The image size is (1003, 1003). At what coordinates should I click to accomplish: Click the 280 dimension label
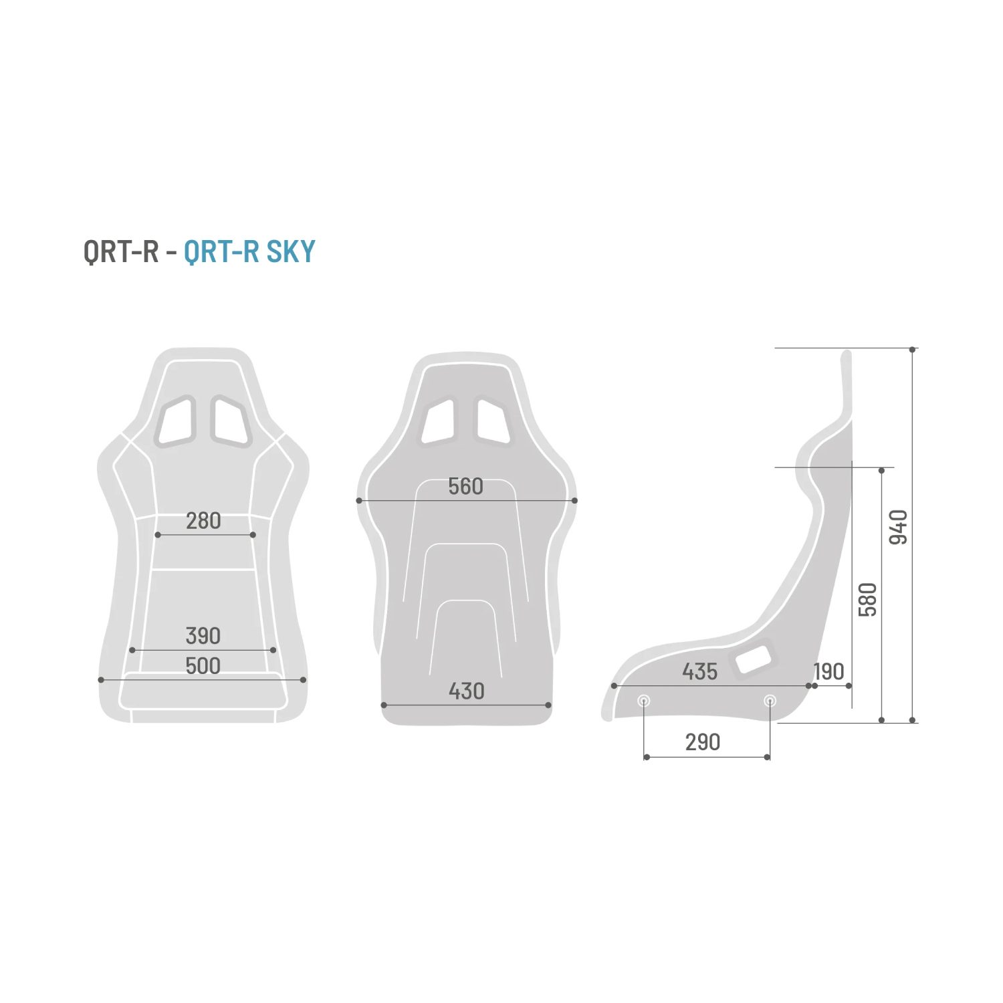203,520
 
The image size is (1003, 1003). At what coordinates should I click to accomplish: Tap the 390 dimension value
203,635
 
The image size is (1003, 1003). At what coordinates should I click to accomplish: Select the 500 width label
203,665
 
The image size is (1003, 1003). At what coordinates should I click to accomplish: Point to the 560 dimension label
465,486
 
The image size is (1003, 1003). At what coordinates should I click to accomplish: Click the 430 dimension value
466,691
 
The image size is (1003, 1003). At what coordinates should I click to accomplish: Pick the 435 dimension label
699,671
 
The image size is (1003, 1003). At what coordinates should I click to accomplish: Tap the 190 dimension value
829,671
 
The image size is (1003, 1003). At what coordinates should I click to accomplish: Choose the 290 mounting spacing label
703,742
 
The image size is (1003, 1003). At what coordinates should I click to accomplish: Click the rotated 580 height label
867,600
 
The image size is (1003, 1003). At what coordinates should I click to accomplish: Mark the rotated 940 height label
899,527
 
